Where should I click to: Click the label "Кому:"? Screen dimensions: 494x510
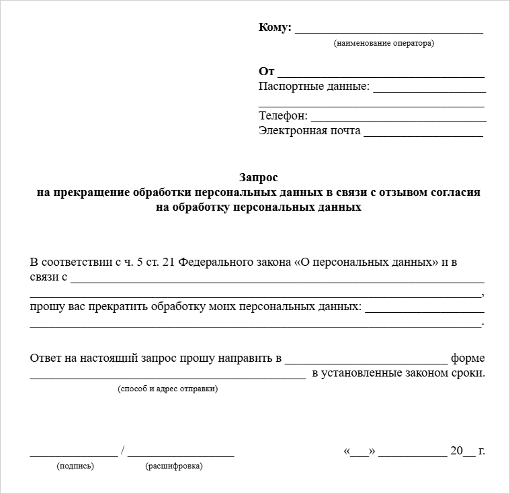pyautogui.click(x=275, y=28)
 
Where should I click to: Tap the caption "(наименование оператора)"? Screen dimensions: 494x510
pyautogui.click(x=384, y=43)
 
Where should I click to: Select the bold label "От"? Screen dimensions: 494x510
pyautogui.click(x=266, y=71)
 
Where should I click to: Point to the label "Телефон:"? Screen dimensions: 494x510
pyautogui.click(x=283, y=115)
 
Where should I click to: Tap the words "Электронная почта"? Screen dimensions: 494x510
pyautogui.click(x=309, y=131)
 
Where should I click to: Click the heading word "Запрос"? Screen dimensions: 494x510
pyautogui.click(x=258, y=178)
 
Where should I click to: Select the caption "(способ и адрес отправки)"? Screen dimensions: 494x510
pyautogui.click(x=167, y=389)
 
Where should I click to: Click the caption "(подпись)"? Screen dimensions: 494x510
pyautogui.click(x=75, y=466)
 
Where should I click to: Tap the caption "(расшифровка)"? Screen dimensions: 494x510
pyautogui.click(x=173, y=466)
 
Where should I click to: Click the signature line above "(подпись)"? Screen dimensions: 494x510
pyautogui.click(x=73, y=455)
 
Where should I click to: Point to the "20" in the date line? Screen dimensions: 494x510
pyautogui.click(x=457, y=451)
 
